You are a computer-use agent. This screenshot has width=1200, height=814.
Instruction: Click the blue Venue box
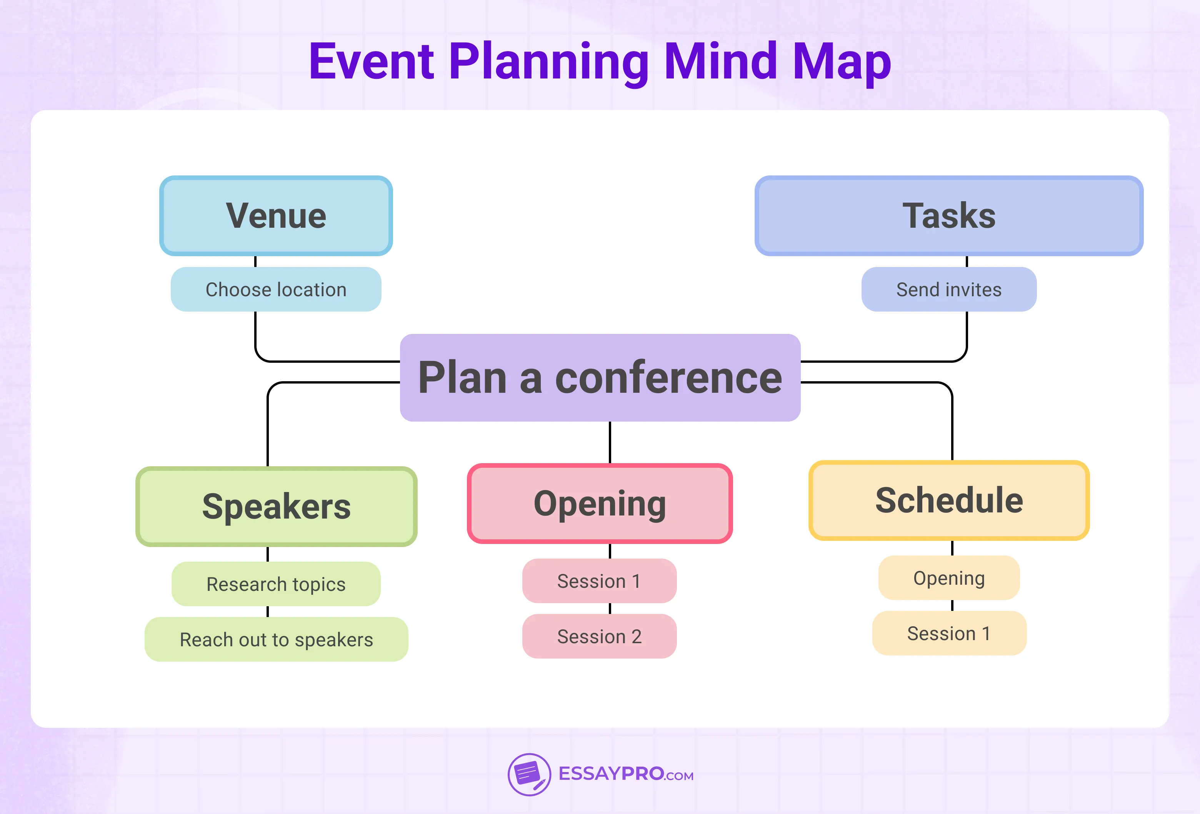click(276, 215)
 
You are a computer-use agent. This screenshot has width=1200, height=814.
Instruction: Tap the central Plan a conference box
click(600, 377)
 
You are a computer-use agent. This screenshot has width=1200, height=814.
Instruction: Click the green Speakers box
click(276, 506)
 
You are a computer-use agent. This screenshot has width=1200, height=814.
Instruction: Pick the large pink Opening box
click(600, 503)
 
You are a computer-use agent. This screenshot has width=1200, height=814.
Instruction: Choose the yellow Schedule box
click(949, 500)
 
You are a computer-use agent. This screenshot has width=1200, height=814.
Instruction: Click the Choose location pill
click(276, 289)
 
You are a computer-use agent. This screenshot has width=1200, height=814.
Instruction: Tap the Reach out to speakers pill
click(276, 639)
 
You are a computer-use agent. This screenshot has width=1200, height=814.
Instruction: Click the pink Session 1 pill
click(599, 580)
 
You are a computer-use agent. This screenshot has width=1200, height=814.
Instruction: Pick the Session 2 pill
click(599, 636)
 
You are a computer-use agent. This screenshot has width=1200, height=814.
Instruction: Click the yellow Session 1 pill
click(949, 633)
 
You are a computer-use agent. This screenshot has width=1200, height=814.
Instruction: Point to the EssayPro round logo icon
click(529, 774)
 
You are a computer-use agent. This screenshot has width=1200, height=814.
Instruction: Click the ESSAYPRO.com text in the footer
click(626, 774)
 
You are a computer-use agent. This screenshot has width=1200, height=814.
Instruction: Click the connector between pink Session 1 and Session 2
click(610, 609)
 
